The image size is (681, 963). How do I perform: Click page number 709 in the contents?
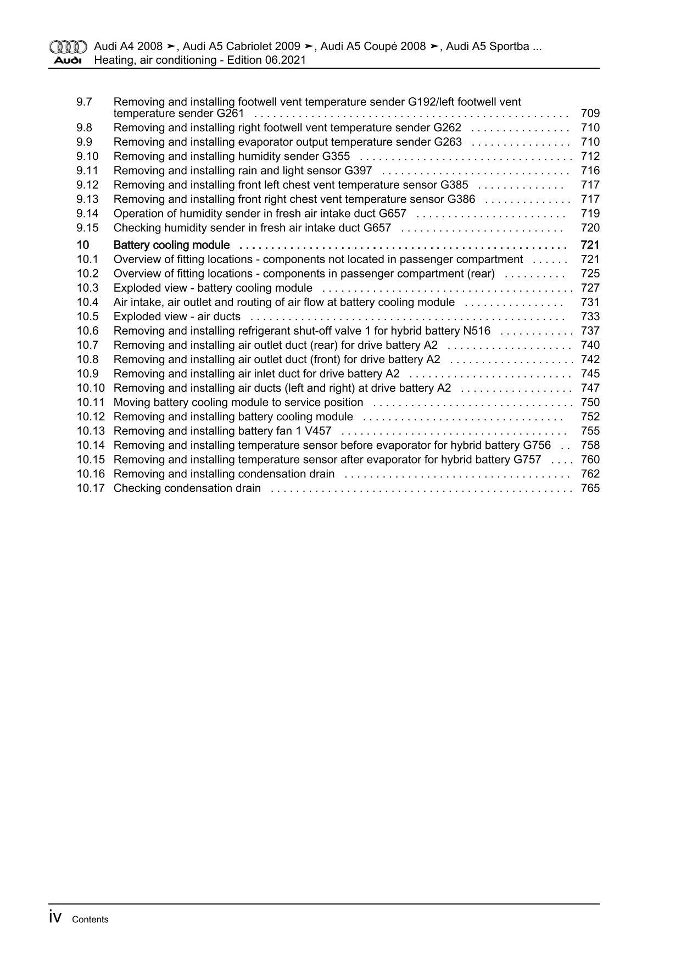(590, 114)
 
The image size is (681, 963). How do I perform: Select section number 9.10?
(88, 157)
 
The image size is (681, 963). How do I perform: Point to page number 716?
(590, 171)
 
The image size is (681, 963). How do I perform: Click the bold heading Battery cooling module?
(171, 245)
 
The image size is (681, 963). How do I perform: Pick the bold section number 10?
(83, 245)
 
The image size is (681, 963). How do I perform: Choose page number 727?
(590, 288)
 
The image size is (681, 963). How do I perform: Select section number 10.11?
(91, 402)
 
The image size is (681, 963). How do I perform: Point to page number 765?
(590, 488)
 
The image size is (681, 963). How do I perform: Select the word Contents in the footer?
(90, 920)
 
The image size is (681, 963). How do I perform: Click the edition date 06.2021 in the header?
(286, 60)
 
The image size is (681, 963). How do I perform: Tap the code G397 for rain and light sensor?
(358, 171)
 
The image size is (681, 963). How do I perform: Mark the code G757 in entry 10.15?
(527, 460)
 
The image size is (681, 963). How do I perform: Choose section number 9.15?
(88, 228)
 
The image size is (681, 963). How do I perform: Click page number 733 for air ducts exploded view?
(590, 316)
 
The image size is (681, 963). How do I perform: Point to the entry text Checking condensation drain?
(187, 488)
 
